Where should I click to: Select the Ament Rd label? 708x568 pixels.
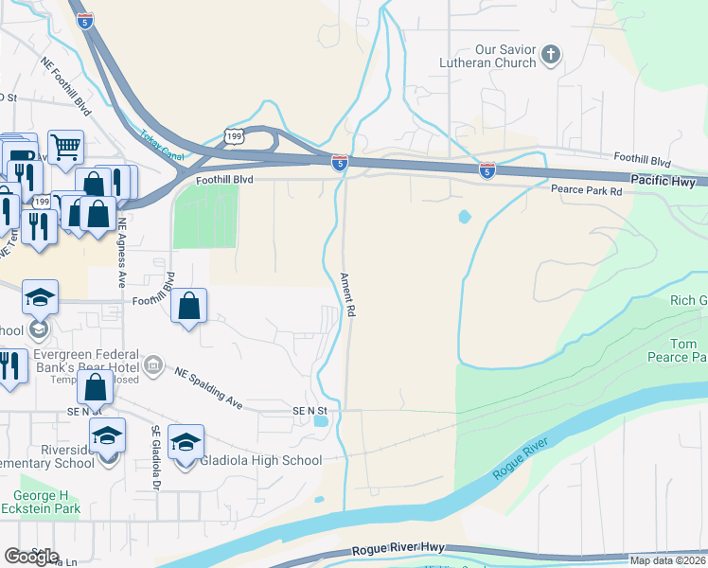pos(347,294)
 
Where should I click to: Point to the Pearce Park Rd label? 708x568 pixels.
pos(587,191)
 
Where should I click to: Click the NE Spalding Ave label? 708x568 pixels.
pos(209,388)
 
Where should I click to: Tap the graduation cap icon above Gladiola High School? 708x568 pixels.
pos(186,441)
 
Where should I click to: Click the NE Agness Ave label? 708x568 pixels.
pos(122,254)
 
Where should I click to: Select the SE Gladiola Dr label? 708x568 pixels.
pos(155,458)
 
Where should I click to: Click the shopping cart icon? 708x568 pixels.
pos(65,146)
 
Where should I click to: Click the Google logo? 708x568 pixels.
pos(31,557)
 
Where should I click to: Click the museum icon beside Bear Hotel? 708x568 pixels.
pos(152,364)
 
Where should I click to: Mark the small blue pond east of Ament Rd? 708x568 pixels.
pos(463,217)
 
